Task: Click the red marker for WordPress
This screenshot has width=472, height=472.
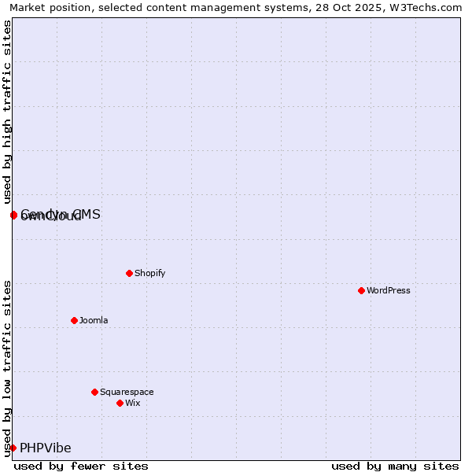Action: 361,290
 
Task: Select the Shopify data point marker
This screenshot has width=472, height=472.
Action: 129,273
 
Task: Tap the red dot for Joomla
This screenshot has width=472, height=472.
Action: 74,320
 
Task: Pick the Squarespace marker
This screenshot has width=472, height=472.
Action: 94,392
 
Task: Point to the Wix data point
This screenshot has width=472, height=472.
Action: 120,403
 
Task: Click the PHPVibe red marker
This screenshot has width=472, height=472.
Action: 13,448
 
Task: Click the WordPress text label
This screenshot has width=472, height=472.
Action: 388,290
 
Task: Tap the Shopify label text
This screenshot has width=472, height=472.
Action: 149,273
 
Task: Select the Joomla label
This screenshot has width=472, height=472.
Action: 94,320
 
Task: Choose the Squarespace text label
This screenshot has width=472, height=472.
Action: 127,392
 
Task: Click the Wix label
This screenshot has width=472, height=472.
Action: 132,403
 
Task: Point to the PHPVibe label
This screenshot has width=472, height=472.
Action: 46,448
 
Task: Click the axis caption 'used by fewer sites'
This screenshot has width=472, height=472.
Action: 81,466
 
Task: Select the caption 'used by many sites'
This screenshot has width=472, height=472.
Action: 395,466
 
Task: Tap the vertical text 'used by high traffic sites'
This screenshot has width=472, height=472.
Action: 7,112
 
